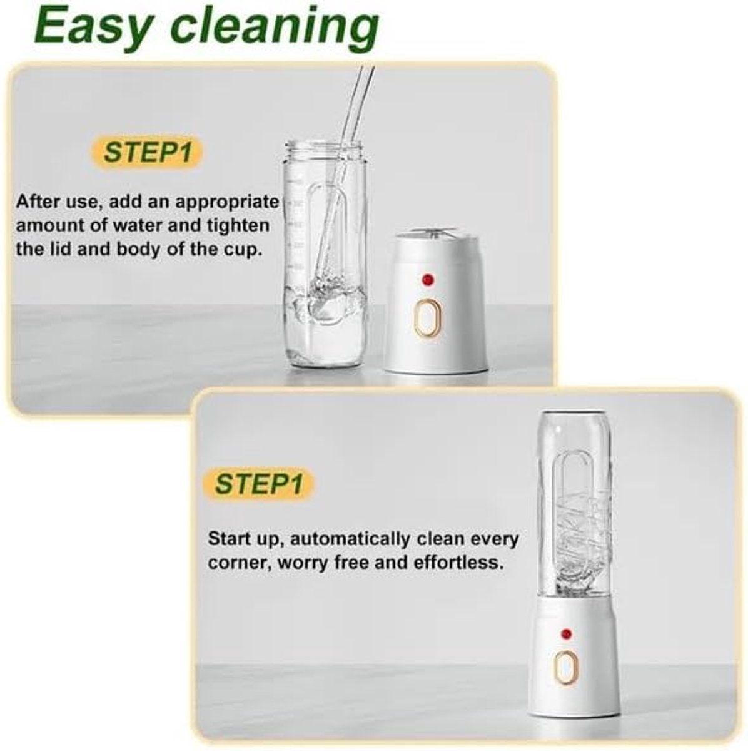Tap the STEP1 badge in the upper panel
[x=147, y=152]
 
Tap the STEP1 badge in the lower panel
[x=259, y=484]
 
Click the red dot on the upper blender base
[x=428, y=279]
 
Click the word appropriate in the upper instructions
[x=227, y=203]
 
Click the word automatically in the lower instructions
[x=350, y=539]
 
